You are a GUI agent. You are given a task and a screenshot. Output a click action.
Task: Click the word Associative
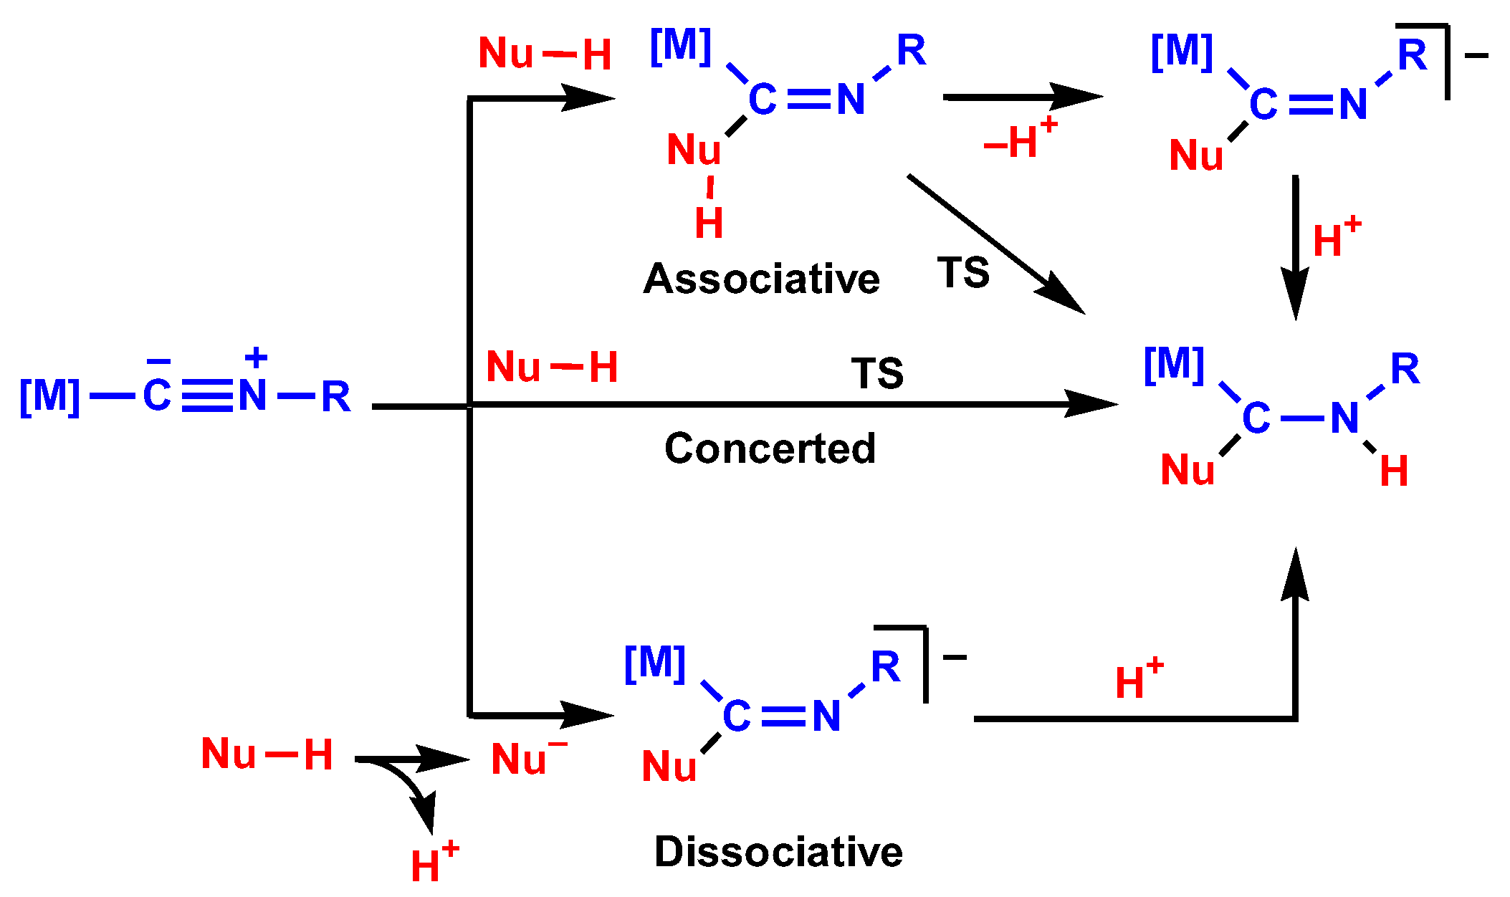[x=761, y=279]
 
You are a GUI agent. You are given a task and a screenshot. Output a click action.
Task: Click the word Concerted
[x=770, y=448]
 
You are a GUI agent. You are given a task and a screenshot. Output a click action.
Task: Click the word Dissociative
[x=778, y=852]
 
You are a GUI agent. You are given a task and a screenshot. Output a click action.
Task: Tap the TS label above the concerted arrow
[x=877, y=373]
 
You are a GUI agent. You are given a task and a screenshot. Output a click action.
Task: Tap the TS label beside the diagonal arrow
[x=963, y=273]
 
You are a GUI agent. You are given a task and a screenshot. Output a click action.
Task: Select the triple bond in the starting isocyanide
[x=207, y=396]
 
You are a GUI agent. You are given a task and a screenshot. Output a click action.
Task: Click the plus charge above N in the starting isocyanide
[x=256, y=358]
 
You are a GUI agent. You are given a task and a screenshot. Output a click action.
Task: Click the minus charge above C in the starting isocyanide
[x=158, y=361]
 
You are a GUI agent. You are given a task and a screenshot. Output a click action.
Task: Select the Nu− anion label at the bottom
[x=527, y=758]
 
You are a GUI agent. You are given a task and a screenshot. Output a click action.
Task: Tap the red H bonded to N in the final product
[x=1394, y=471]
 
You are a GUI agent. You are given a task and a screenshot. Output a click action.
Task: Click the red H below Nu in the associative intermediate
[x=709, y=223]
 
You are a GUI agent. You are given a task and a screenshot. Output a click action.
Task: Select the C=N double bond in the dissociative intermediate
[x=783, y=716]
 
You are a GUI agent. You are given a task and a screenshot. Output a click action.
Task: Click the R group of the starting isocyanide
[x=335, y=397]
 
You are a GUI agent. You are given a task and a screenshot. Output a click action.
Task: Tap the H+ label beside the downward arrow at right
[x=1336, y=238]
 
